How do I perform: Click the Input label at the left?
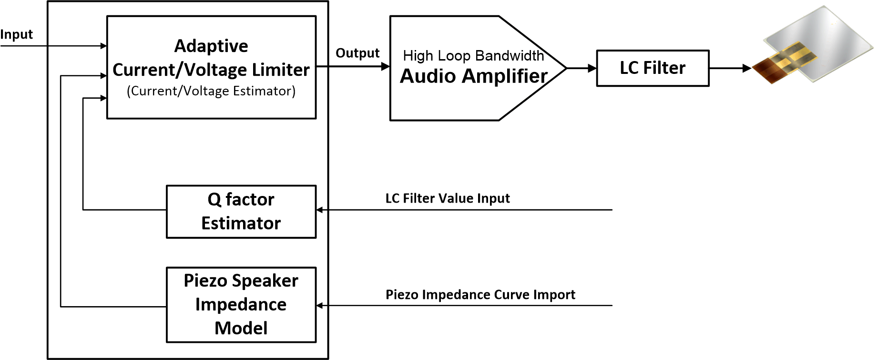click(x=17, y=35)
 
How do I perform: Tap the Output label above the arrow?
click(x=357, y=53)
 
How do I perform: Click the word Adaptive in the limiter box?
click(x=211, y=46)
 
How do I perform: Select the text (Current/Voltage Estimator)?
click(x=211, y=91)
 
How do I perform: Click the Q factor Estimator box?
click(x=241, y=212)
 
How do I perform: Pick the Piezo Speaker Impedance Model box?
click(x=241, y=305)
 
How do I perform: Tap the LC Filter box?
click(x=653, y=68)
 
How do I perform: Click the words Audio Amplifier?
click(x=474, y=76)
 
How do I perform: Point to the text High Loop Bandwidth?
click(x=473, y=56)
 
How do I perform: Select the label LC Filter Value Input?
click(x=448, y=198)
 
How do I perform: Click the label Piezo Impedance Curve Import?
click(x=480, y=295)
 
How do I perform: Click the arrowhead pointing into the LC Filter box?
click(x=592, y=68)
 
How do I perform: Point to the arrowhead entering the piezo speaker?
click(x=747, y=68)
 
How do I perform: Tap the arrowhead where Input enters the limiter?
click(x=103, y=46)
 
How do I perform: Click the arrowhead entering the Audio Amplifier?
click(x=386, y=67)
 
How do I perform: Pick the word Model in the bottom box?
click(x=241, y=329)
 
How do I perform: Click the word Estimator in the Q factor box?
click(x=241, y=224)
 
